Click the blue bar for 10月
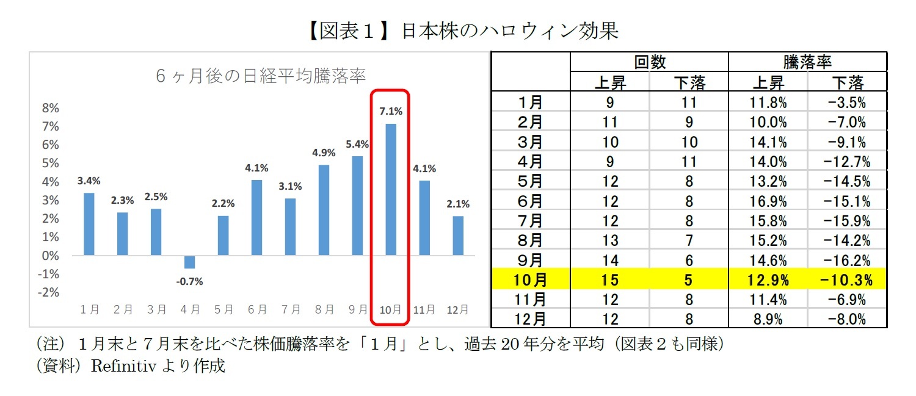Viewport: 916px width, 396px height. [390, 189]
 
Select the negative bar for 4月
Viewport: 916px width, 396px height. [190, 262]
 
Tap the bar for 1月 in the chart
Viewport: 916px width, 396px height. [89, 224]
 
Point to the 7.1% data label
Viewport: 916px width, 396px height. [390, 111]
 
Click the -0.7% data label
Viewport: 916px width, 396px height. [189, 281]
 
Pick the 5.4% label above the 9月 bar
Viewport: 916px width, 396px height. [357, 144]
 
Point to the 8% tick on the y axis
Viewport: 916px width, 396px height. [50, 108]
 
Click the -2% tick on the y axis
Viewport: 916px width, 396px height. [50, 292]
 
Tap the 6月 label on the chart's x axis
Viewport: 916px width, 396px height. [257, 309]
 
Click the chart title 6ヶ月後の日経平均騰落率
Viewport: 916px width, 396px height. [261, 77]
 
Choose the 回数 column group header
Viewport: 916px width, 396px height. [649, 62]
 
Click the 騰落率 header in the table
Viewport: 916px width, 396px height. [807, 62]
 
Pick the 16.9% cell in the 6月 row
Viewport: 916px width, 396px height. [768, 201]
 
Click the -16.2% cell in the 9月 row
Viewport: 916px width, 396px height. [848, 261]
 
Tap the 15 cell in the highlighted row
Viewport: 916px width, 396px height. [610, 280]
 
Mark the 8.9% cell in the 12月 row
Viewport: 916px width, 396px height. [768, 319]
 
